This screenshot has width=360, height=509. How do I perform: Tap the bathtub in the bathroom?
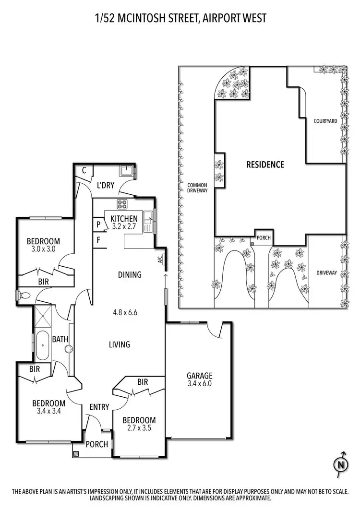42,344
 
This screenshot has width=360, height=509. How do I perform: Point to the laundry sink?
127,170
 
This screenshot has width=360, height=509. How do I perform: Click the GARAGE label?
200,376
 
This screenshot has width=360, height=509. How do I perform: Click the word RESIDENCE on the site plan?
265,165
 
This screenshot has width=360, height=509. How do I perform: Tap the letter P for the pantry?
98,224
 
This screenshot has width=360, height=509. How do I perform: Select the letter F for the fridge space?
98,239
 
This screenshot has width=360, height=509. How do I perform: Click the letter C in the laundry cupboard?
84,170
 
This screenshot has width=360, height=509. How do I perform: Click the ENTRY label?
99,407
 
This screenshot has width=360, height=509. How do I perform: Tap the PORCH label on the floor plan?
96,444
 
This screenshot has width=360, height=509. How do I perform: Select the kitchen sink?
149,221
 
